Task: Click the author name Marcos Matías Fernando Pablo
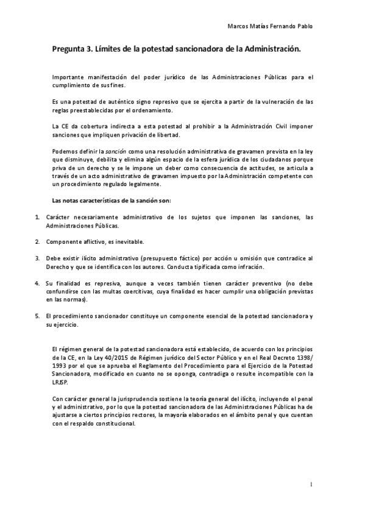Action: click(x=273, y=27)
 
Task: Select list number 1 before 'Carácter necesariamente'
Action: click(x=37, y=217)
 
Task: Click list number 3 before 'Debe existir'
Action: click(x=37, y=258)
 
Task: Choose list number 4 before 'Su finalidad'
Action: click(x=37, y=283)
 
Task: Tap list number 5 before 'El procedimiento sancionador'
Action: click(x=37, y=315)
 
